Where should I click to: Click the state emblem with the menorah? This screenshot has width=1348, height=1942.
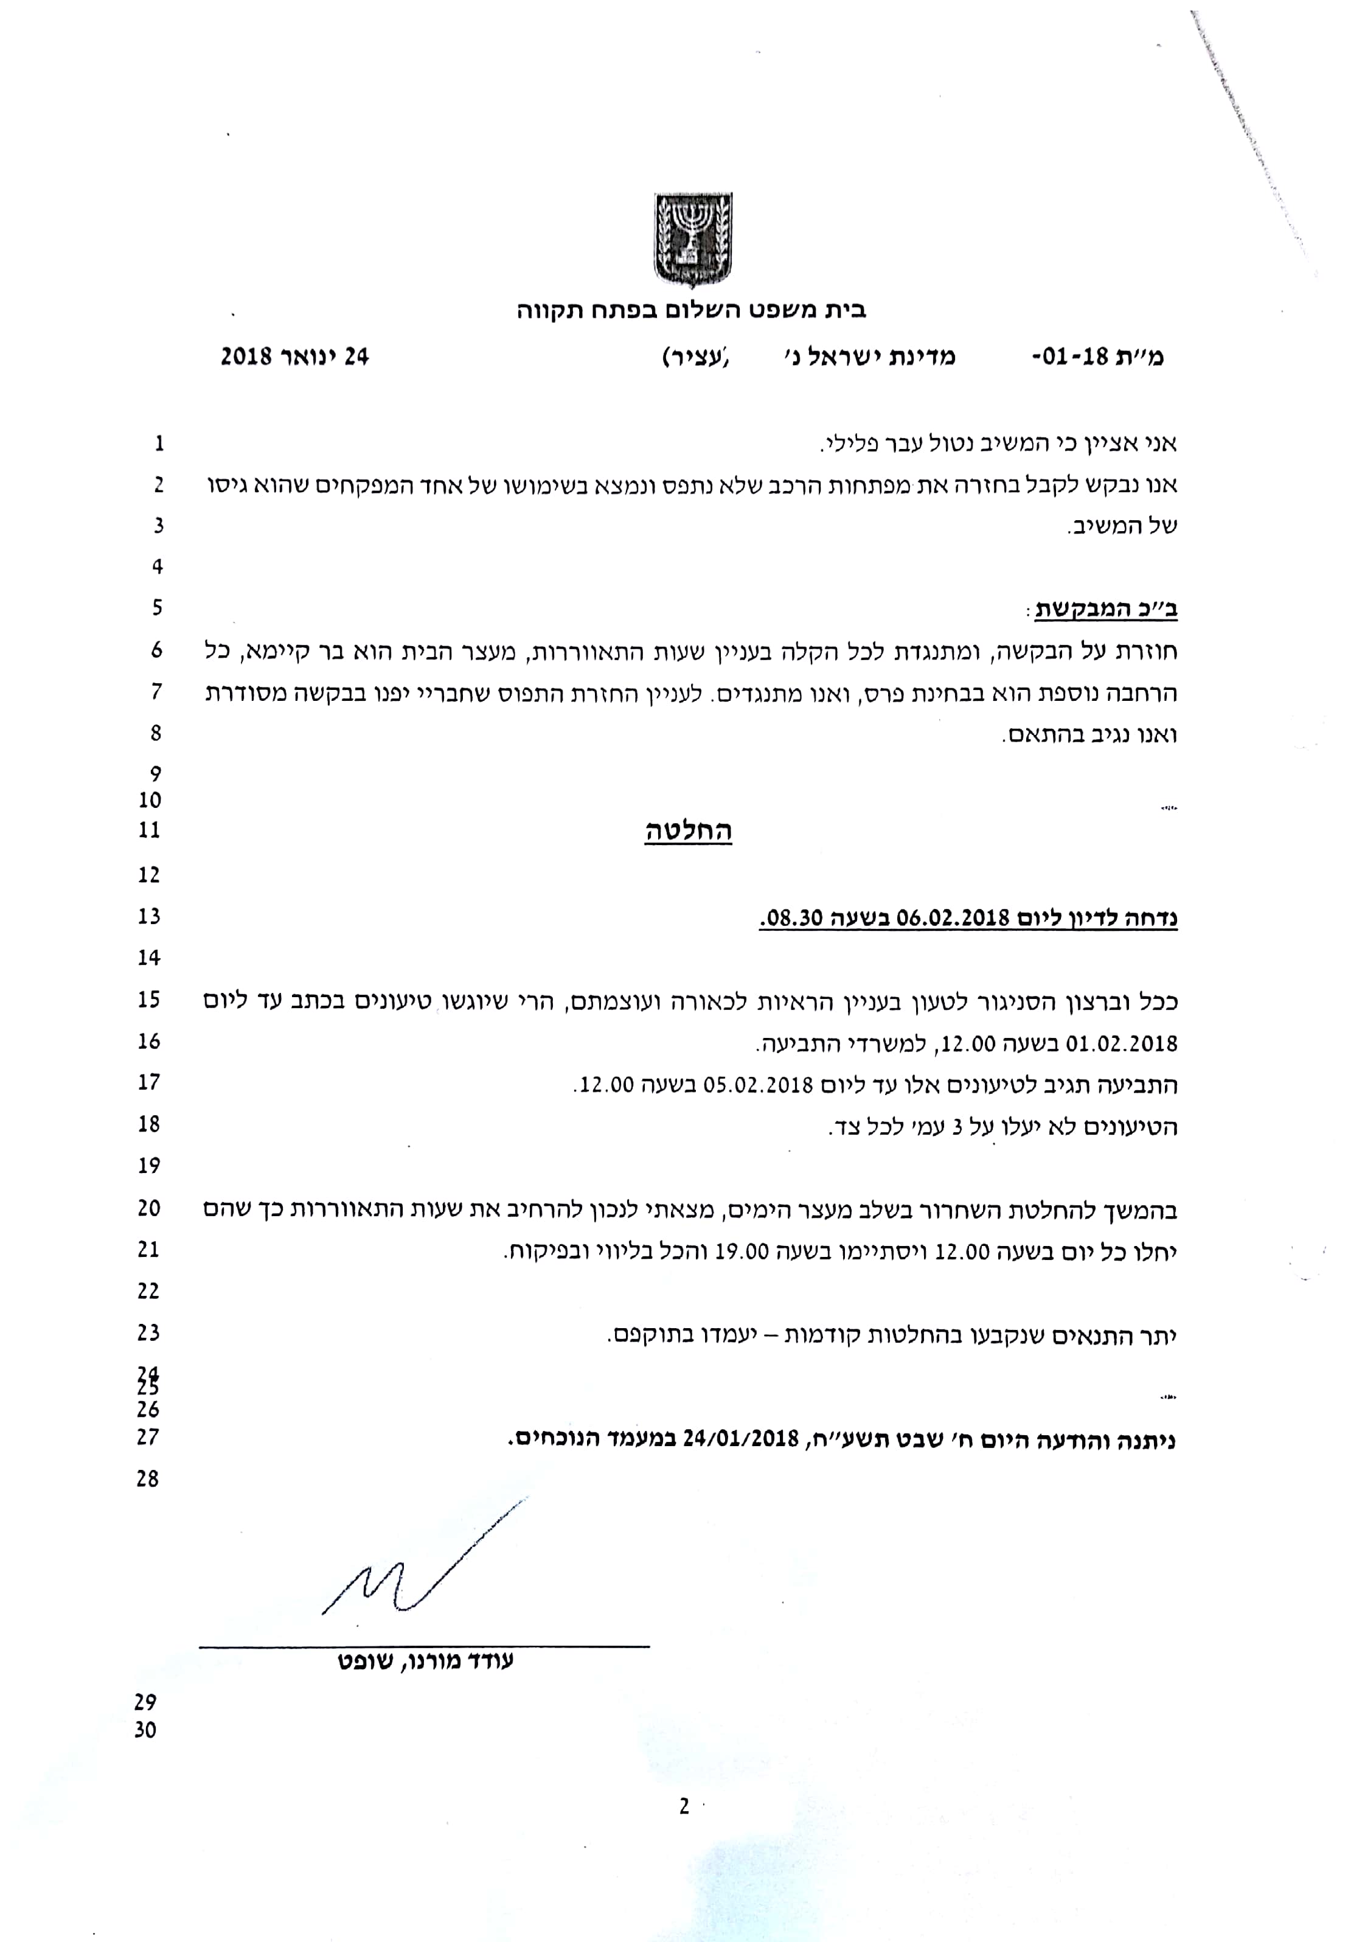click(x=693, y=240)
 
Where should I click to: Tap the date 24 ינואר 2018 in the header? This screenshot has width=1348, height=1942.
click(x=295, y=357)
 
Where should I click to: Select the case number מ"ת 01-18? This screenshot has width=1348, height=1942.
click(x=1098, y=357)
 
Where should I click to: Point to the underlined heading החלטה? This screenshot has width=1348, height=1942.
click(x=689, y=831)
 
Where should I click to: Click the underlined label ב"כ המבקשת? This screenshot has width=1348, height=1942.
click(x=1106, y=609)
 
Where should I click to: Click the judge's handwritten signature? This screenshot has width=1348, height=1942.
click(x=422, y=1568)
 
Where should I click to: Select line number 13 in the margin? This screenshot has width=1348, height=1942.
click(x=148, y=916)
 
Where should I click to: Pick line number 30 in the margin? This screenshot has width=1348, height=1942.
click(x=145, y=1731)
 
